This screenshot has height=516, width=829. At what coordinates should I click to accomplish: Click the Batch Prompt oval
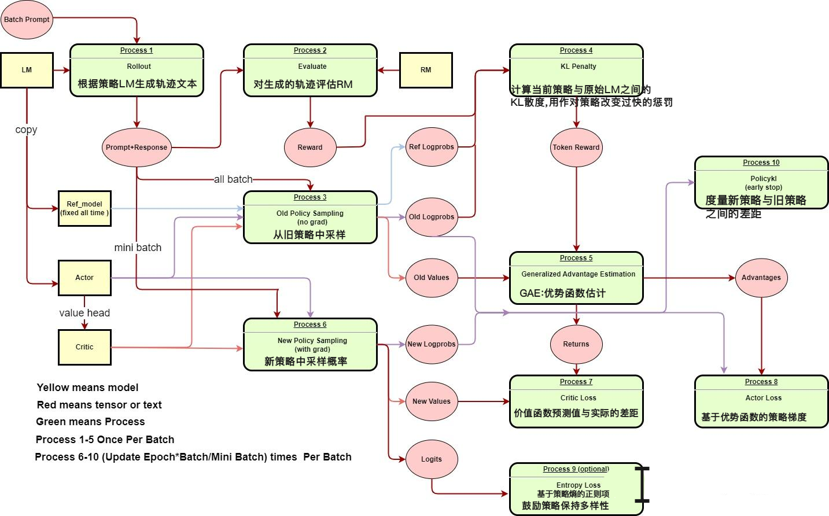coord(27,20)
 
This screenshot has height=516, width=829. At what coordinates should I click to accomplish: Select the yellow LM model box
coord(27,70)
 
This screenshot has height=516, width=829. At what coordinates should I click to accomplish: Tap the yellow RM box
coord(426,70)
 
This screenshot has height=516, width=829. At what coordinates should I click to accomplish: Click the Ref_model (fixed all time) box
coord(84,208)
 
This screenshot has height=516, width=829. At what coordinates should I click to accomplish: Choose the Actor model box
coord(84,278)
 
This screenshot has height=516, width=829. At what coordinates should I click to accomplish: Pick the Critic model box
coord(84,347)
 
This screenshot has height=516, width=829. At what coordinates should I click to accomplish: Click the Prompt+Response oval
coord(137,148)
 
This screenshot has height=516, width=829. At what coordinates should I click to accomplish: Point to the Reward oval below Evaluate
coord(310,148)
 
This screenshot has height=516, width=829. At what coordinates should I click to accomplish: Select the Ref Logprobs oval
coord(432,147)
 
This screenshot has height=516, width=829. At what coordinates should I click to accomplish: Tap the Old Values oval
coord(432,278)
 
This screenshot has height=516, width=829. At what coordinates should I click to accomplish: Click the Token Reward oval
coord(576,148)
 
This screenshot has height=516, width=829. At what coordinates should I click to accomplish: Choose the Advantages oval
coord(761,278)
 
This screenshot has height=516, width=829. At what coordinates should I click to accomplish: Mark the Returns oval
coord(576,344)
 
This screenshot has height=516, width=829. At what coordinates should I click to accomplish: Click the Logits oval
coord(432,459)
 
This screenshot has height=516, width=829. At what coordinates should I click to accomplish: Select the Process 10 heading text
coord(761,163)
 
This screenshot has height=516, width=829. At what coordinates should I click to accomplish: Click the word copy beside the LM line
coord(26,130)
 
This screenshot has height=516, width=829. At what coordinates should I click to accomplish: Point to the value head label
coord(84,313)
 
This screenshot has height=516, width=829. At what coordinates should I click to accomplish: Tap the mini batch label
coord(138,248)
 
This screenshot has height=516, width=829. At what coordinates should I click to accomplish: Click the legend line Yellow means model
coord(87,388)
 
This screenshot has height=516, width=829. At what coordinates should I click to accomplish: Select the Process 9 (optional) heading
coord(576,469)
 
